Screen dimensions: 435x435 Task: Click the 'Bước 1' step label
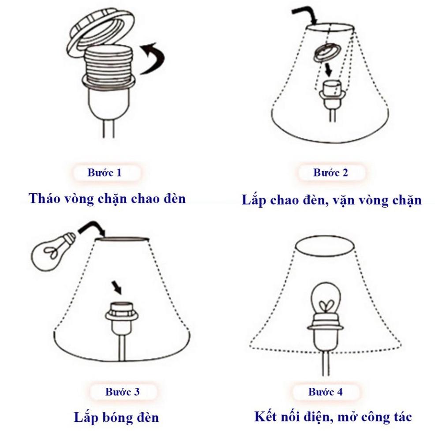[x=104, y=172]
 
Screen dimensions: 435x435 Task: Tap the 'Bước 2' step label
[x=330, y=172]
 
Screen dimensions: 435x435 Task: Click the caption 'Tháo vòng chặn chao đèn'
[x=107, y=198]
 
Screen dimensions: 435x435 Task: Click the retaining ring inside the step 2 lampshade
[x=326, y=53]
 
